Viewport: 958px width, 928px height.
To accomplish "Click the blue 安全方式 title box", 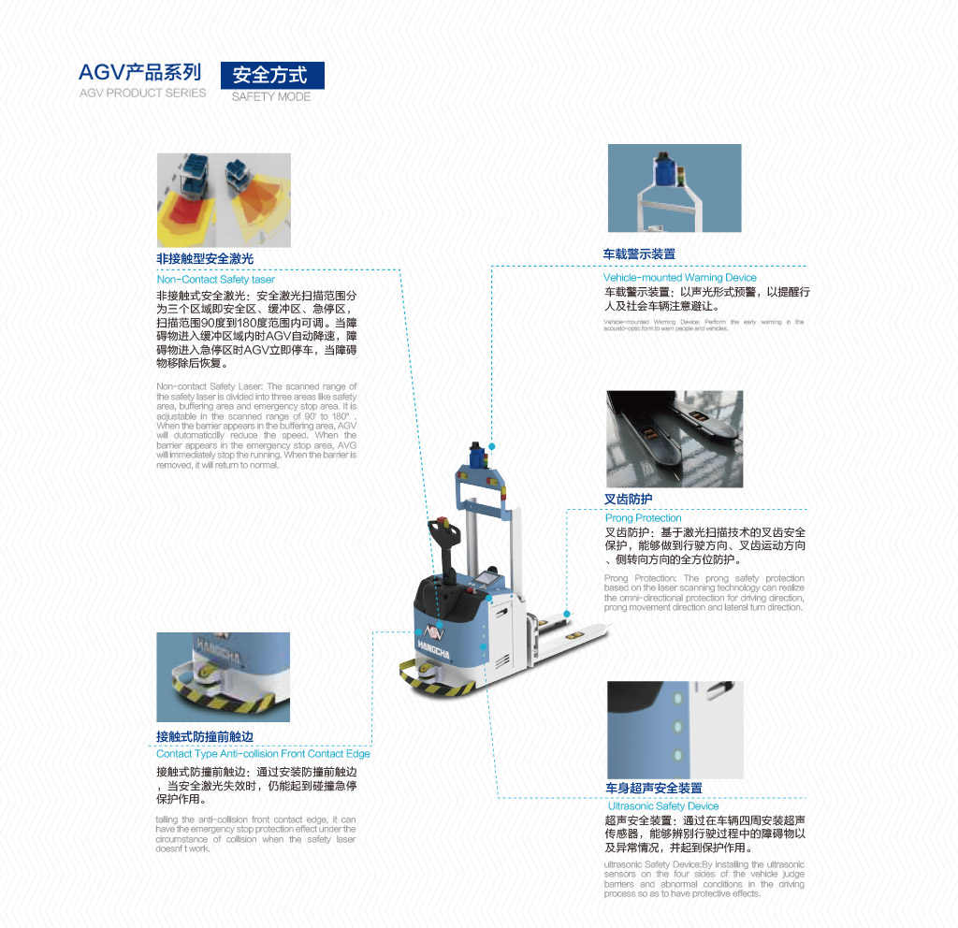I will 271,75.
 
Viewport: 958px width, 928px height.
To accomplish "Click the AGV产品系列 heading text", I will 140,72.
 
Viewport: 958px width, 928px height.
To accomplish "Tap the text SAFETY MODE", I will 271,96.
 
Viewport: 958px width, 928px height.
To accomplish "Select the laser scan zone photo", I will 224,200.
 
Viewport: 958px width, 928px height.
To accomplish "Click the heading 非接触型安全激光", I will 205,258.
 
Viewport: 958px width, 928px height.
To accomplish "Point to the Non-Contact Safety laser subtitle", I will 216,279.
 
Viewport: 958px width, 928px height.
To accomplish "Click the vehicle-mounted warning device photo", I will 675,188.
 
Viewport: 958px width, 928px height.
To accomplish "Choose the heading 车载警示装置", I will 639,254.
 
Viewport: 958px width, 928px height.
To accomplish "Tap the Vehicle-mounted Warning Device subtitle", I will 680,278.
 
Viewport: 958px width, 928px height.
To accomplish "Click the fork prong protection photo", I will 675,439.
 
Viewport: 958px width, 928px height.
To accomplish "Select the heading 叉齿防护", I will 629,500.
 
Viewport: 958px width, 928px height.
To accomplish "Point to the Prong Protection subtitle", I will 644,518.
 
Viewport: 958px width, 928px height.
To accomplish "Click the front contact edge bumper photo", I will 223,676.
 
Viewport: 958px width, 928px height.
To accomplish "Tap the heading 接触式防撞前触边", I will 205,736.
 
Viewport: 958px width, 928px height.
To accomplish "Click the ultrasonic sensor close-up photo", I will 675,730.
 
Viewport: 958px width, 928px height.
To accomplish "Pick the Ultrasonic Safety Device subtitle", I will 663,805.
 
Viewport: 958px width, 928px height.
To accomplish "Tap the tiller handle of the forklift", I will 442,533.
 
